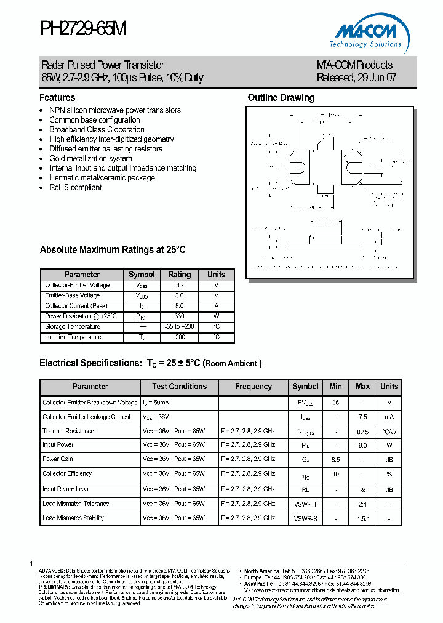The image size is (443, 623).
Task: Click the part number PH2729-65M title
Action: (x=83, y=29)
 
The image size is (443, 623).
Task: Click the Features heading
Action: (x=57, y=98)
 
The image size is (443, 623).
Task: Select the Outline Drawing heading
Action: (x=281, y=98)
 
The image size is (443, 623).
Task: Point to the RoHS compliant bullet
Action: (x=76, y=187)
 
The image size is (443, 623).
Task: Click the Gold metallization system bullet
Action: (x=90, y=158)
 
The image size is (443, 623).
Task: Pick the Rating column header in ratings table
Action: (x=180, y=275)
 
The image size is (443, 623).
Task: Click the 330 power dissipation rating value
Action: (x=180, y=316)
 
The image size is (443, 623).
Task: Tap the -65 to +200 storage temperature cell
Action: (x=180, y=327)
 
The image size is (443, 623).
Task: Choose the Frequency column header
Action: (x=253, y=387)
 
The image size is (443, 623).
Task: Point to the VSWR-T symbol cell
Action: (x=305, y=504)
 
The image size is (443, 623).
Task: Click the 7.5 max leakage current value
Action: (x=362, y=417)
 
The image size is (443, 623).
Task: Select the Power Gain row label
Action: (x=58, y=459)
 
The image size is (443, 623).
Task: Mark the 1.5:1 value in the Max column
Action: (x=362, y=518)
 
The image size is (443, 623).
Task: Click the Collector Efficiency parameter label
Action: (x=67, y=474)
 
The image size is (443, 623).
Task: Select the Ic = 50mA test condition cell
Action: (x=157, y=403)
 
